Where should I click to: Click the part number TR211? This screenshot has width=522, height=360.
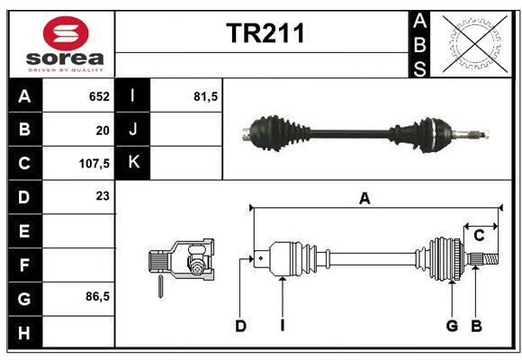[x=265, y=33]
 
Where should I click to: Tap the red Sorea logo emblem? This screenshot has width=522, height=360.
[x=66, y=33]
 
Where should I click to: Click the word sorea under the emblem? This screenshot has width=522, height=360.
[x=65, y=58]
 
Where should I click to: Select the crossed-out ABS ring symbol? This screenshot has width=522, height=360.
[x=475, y=43]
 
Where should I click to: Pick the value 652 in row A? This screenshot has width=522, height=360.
[x=99, y=96]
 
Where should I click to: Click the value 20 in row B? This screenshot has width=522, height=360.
[x=103, y=130]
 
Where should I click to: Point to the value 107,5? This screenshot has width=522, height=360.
[x=94, y=164]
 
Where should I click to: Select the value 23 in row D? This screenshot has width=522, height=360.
[x=103, y=196]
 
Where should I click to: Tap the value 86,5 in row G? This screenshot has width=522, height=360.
[x=97, y=296]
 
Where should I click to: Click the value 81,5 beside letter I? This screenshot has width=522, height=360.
[x=205, y=96]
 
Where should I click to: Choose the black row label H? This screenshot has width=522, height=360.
[x=25, y=332]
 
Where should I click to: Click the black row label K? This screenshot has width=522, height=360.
[x=133, y=163]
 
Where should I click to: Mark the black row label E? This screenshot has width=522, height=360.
[x=25, y=230]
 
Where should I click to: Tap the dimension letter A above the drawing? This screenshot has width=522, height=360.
[x=364, y=199]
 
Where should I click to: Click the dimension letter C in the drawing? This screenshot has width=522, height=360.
[x=479, y=236]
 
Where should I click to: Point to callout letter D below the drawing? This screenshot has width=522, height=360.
[x=240, y=326]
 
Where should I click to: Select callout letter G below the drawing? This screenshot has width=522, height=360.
[x=452, y=326]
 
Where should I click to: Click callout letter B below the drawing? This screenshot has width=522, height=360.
[x=476, y=326]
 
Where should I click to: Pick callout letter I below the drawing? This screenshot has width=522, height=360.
[x=283, y=326]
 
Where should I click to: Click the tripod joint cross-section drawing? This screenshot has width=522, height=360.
[x=182, y=263]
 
